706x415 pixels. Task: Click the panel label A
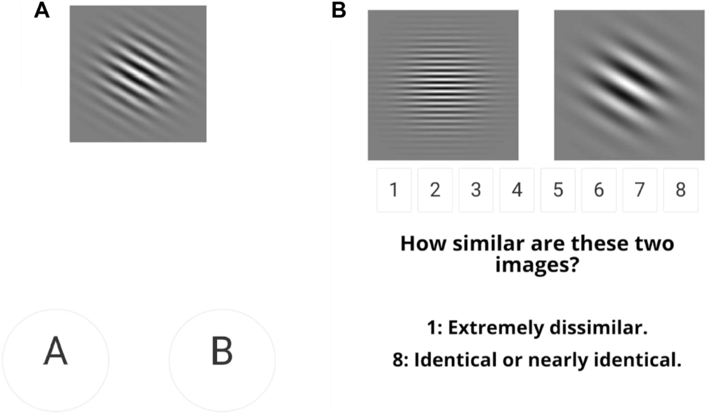point(42,11)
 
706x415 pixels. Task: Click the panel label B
point(339,11)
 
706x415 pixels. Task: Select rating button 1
point(394,190)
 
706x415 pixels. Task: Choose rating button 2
point(435,190)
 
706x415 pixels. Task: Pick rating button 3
point(476,190)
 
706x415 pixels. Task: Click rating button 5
point(558,190)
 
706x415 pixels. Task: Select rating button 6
point(599,190)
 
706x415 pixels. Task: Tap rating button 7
point(640,190)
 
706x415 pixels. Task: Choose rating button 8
point(681,190)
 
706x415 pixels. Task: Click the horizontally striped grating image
point(443,85)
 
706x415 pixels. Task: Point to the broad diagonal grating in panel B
point(630,85)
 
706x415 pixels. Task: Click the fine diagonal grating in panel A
point(138,73)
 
